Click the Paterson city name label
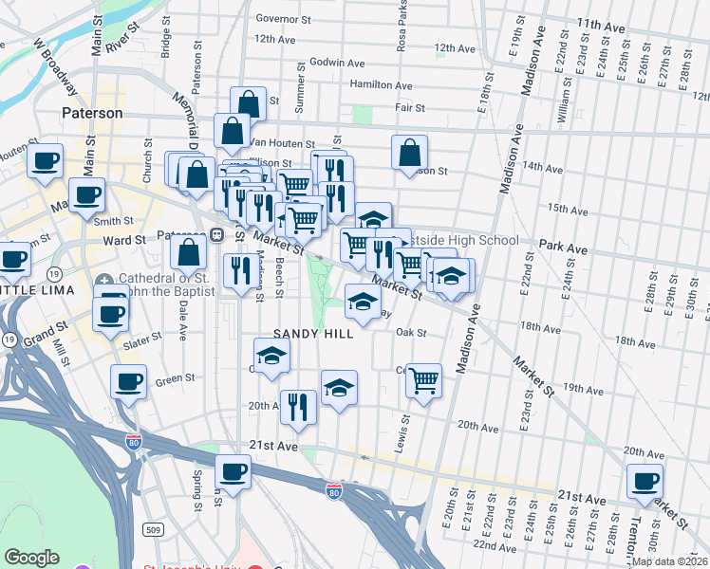tap(92, 113)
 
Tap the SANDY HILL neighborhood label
tap(313, 334)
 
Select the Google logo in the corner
tap(31, 558)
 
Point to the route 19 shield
tap(8, 339)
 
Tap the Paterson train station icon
tap(216, 234)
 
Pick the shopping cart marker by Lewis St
tap(423, 380)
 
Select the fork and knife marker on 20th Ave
tap(298, 406)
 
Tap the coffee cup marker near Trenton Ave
tap(645, 481)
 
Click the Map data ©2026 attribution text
tap(668, 561)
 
